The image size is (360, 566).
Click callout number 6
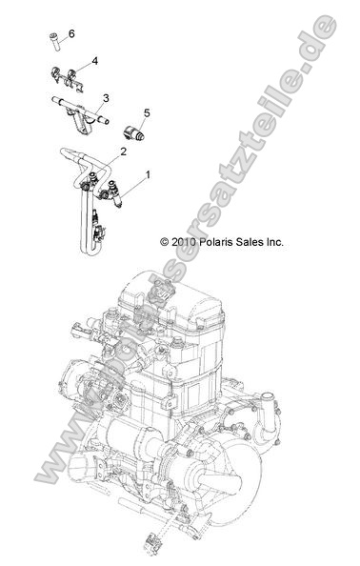[71, 33]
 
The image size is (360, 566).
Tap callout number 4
[94, 61]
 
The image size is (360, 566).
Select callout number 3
[106, 97]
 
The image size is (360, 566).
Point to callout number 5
[147, 113]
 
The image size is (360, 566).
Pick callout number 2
[124, 152]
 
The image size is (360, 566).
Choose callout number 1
[148, 175]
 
